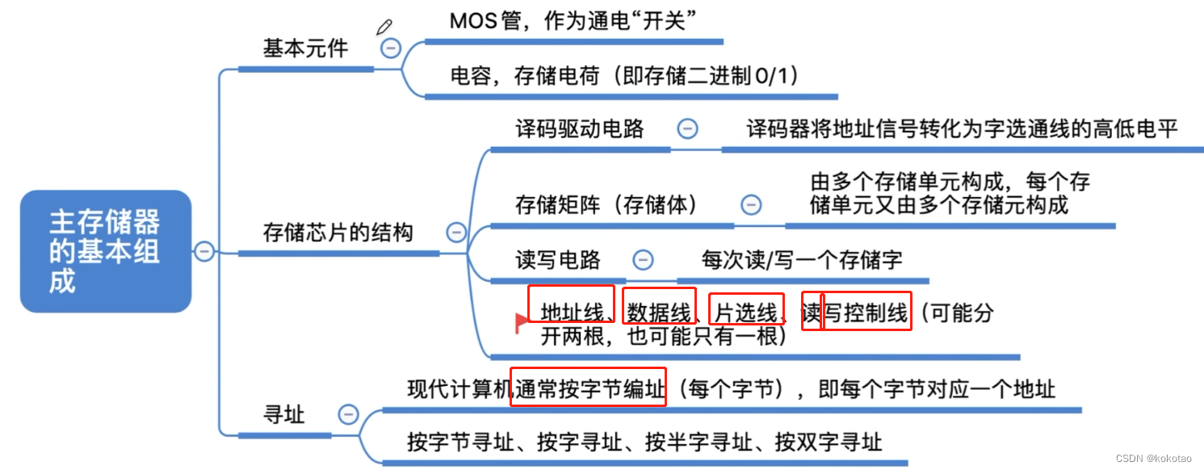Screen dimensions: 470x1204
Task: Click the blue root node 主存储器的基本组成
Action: [x=105, y=251]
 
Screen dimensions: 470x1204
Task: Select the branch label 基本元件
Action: [x=305, y=48]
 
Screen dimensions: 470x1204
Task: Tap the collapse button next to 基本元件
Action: [x=390, y=48]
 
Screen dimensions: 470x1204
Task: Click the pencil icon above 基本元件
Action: [x=384, y=27]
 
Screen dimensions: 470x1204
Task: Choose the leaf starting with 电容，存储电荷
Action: [x=623, y=77]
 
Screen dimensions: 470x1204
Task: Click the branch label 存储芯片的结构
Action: [x=338, y=233]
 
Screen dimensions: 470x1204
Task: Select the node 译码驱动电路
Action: [x=580, y=128]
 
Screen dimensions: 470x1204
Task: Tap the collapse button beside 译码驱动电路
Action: [x=687, y=128]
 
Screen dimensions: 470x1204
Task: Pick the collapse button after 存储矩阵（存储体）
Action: [x=751, y=204]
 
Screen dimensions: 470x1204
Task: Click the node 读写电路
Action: [x=558, y=260]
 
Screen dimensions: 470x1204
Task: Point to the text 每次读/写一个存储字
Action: [x=802, y=260]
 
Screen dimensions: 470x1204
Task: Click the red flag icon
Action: [x=522, y=322]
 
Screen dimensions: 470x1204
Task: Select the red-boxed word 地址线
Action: [x=572, y=313]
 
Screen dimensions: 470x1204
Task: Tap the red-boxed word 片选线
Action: [x=747, y=313]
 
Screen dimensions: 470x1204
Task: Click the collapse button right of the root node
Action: [x=204, y=251]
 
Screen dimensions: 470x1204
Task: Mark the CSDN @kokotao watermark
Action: [x=1153, y=458]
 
